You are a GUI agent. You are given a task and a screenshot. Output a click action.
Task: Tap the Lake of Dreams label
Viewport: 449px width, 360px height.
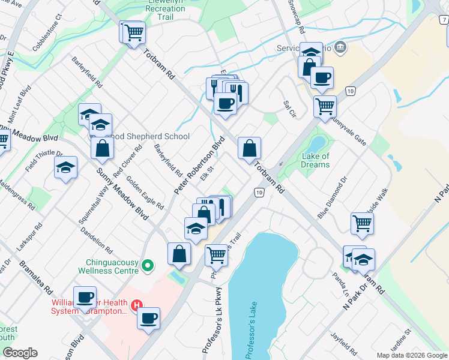coord(315,160)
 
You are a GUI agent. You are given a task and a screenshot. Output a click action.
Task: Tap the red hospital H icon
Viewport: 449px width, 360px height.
coord(137,305)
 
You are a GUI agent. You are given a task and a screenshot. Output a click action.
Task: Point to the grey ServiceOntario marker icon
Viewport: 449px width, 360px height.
coord(340,47)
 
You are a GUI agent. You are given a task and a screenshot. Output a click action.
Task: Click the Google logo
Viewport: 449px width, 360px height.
coord(19,353)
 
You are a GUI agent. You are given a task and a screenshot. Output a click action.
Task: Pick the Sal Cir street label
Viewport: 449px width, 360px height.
coord(290,109)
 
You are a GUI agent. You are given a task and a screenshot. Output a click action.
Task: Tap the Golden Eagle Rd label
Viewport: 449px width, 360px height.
coord(145,196)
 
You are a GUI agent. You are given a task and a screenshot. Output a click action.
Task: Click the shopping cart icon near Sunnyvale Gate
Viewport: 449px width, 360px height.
coord(325,106)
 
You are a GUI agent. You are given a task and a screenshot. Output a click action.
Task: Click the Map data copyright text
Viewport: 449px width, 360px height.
coord(411,355)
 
